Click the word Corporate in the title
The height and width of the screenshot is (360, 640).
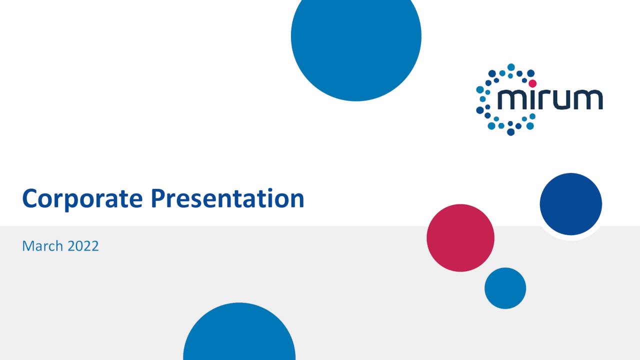(x=83, y=199)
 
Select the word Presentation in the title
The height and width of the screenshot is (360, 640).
(x=227, y=199)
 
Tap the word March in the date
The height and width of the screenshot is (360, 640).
(x=42, y=246)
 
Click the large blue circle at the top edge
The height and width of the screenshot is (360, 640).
(x=356, y=40)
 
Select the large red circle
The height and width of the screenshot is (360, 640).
(x=460, y=238)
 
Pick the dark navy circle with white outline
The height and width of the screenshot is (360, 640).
(x=570, y=204)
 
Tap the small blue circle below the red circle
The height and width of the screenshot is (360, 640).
(x=505, y=288)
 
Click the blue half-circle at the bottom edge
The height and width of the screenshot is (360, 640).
(x=239, y=335)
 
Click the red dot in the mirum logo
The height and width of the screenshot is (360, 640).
(x=532, y=83)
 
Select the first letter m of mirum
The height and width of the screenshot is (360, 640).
(x=510, y=99)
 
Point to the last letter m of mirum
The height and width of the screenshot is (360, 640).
(x=589, y=99)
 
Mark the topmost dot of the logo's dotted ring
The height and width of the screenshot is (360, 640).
(x=510, y=67)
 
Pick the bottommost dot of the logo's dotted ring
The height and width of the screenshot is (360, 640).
(x=510, y=132)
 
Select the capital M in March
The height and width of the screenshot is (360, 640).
(x=28, y=246)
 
